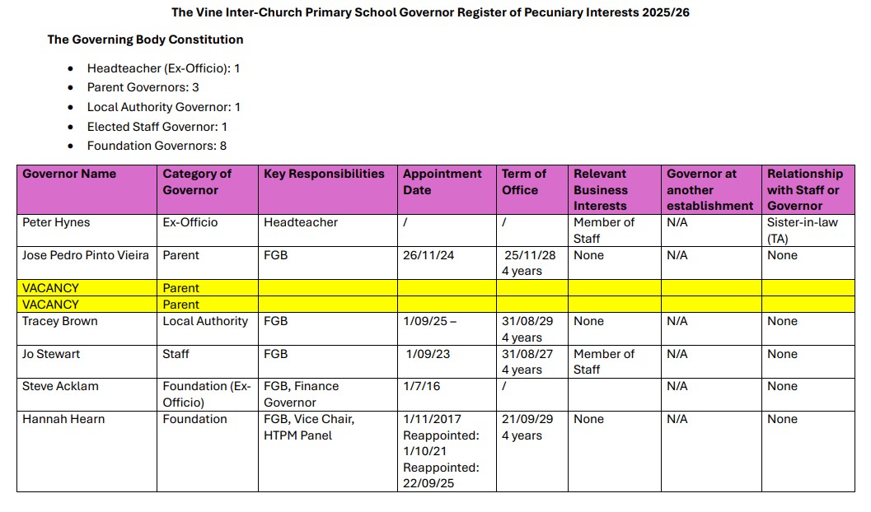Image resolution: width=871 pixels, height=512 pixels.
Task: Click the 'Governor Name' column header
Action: [69, 174]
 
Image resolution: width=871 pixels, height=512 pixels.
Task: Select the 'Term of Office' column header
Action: [524, 182]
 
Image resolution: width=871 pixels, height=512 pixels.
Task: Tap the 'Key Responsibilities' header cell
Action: [324, 174]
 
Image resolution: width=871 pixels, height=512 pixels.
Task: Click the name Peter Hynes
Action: [56, 222]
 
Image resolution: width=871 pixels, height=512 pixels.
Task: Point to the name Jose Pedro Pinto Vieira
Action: [86, 255]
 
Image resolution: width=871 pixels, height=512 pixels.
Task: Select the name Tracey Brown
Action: [59, 321]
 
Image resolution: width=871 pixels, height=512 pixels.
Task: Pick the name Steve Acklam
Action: [60, 386]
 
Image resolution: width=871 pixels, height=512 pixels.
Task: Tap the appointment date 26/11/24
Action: [428, 255]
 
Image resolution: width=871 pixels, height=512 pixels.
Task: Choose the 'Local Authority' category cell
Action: [205, 321]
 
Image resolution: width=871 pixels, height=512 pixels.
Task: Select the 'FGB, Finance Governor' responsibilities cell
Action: [301, 394]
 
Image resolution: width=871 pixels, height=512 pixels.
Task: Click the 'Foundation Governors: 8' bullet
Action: [157, 146]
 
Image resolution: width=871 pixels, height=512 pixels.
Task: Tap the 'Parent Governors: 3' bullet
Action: [143, 87]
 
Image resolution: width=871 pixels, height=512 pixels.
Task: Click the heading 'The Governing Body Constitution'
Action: [145, 40]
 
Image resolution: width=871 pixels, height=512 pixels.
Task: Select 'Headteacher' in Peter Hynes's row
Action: [301, 222]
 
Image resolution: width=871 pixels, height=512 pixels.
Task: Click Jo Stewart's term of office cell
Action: [529, 361]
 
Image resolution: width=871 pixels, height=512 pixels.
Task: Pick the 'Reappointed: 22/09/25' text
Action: [441, 475]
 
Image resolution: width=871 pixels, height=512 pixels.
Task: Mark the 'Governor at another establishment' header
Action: [709, 189]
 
